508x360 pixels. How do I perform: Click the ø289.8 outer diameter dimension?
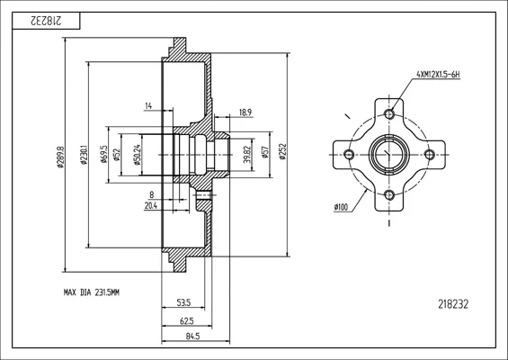[60, 157]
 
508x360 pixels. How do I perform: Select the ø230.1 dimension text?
[85, 155]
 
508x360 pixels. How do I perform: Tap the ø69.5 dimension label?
[104, 154]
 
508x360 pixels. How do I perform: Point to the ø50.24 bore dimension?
[138, 155]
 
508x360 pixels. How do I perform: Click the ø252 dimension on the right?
[282, 151]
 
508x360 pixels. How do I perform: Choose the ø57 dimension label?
[265, 152]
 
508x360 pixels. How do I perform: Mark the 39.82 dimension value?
[247, 154]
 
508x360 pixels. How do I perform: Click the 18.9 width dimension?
[245, 112]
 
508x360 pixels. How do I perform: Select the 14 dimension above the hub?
[148, 105]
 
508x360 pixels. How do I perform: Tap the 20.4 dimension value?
[151, 205]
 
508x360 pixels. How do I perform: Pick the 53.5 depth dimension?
[183, 303]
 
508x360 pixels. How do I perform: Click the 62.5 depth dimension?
[187, 321]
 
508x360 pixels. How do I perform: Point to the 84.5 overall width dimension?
[192, 337]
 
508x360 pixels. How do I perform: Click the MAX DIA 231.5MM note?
[92, 292]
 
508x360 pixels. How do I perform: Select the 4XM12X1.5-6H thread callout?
[438, 75]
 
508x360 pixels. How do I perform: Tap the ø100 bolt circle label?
[341, 207]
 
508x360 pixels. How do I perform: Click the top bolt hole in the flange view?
[389, 113]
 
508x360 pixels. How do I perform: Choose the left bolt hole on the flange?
[349, 155]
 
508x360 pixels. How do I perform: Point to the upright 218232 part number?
[453, 304]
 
